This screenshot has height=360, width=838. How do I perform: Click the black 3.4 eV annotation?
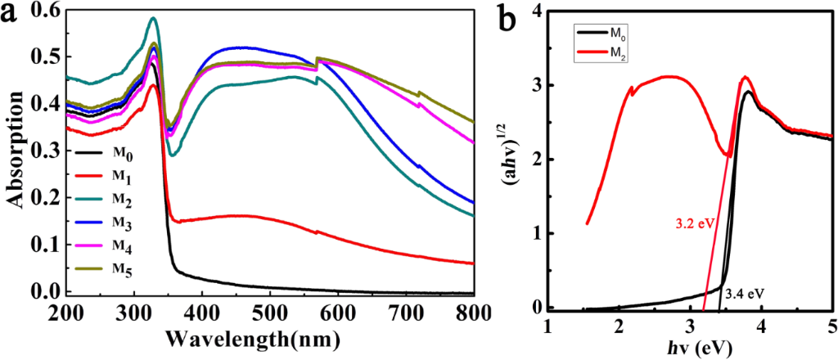click(x=744, y=289)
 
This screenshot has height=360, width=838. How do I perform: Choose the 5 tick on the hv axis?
click(x=831, y=326)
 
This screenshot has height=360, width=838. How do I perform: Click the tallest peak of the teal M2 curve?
click(x=153, y=18)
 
